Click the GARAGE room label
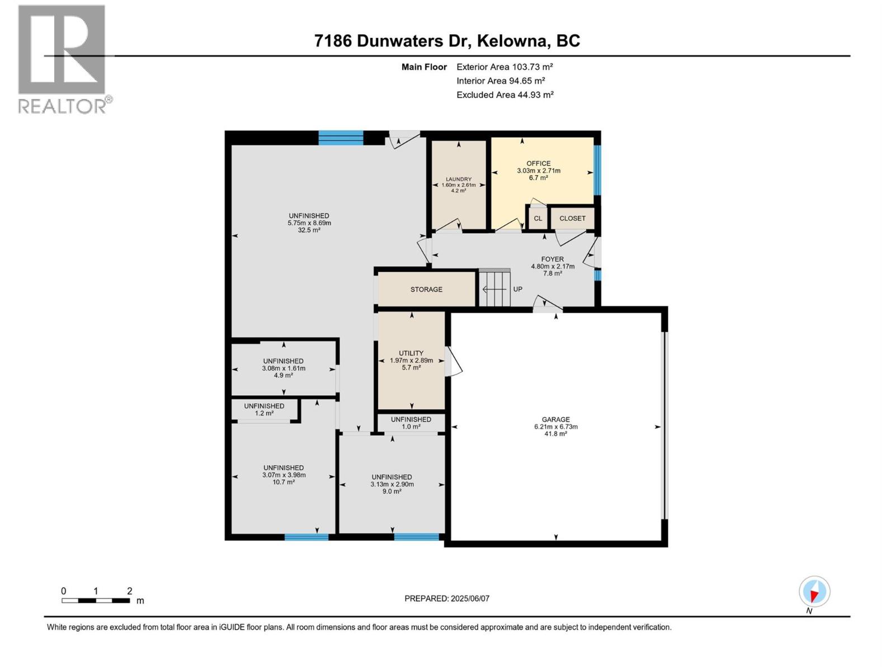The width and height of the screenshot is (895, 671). (555, 419)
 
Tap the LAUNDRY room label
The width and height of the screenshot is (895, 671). (458, 179)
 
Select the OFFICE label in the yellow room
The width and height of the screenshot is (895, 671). (538, 163)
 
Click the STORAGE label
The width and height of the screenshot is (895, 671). (426, 289)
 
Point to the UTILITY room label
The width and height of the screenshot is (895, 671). (411, 353)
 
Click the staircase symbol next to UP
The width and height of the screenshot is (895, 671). (494, 289)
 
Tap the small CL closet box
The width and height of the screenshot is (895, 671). (538, 218)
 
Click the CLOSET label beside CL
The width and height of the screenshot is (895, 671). (572, 218)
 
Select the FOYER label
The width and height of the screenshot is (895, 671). (552, 259)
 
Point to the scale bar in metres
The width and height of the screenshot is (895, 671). (96, 601)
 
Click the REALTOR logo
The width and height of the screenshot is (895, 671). (63, 59)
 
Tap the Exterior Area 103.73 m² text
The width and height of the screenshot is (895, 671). (505, 67)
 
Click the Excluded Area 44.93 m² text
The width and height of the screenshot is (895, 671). (505, 95)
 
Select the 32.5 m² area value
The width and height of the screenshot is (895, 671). (309, 230)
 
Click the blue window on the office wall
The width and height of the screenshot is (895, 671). (597, 170)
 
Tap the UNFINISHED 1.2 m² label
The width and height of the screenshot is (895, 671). (264, 409)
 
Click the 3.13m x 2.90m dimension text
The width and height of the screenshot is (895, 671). (392, 484)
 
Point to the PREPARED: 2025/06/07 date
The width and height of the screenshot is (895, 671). (447, 598)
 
